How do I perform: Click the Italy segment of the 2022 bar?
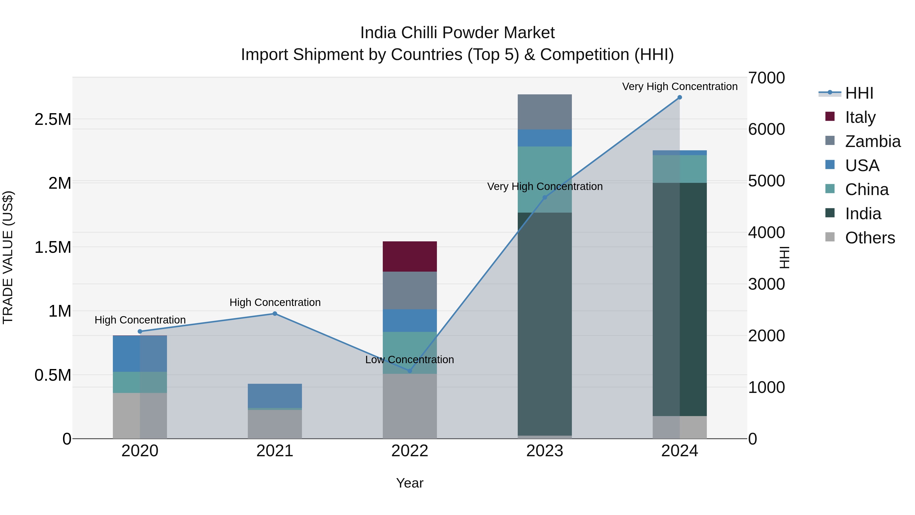click(409, 256)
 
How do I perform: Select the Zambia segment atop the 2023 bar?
click(544, 112)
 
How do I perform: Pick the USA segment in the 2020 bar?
click(140, 354)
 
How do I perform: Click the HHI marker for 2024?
click(679, 97)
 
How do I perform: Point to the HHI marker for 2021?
click(274, 314)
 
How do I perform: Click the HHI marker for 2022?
click(409, 371)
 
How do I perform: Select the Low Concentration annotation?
click(409, 360)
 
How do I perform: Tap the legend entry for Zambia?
click(872, 141)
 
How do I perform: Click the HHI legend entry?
click(859, 93)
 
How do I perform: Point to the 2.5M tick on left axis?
click(53, 120)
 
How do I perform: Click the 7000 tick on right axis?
click(766, 78)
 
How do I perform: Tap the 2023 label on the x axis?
click(544, 451)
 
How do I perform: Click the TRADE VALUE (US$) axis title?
click(8, 257)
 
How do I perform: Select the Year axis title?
click(409, 483)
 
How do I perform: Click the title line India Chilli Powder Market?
click(457, 33)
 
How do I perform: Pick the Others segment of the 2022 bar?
click(409, 406)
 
